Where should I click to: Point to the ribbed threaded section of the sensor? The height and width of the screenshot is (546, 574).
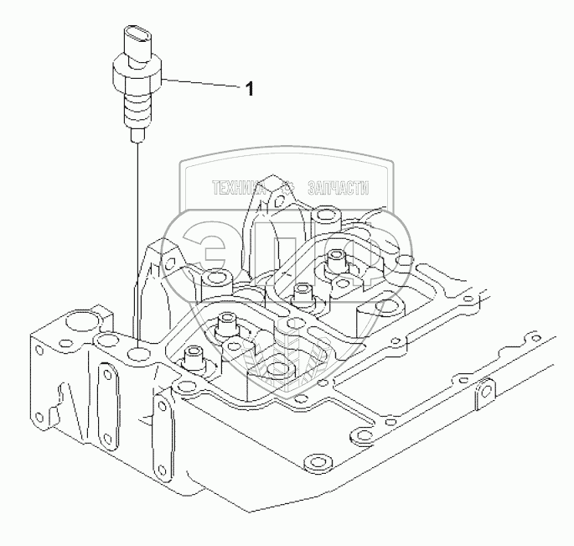coord(137,108)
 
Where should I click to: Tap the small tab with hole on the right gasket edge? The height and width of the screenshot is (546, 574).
coord(484,390)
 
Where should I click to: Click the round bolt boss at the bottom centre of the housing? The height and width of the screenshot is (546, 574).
coord(315,463)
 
